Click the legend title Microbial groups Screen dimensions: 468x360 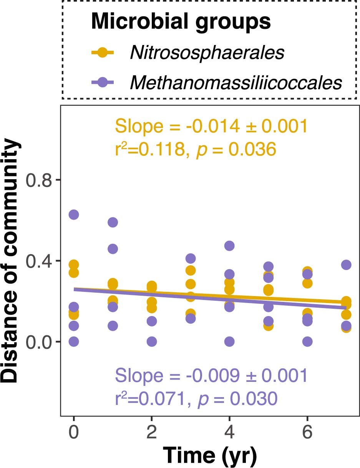(x=181, y=22)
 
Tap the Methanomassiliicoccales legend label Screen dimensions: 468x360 (x=236, y=83)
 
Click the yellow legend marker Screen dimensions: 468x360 (x=102, y=53)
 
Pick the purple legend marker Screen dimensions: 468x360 (x=102, y=82)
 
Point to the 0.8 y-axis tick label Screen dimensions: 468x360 (x=39, y=180)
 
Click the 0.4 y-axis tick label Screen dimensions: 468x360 (x=39, y=261)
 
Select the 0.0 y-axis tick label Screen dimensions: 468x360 (x=39, y=341)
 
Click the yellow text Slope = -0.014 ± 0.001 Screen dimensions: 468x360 (x=211, y=126)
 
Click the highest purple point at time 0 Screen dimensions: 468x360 (x=74, y=215)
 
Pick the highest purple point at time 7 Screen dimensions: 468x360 (x=346, y=265)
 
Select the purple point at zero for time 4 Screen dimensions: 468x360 (x=229, y=341)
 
